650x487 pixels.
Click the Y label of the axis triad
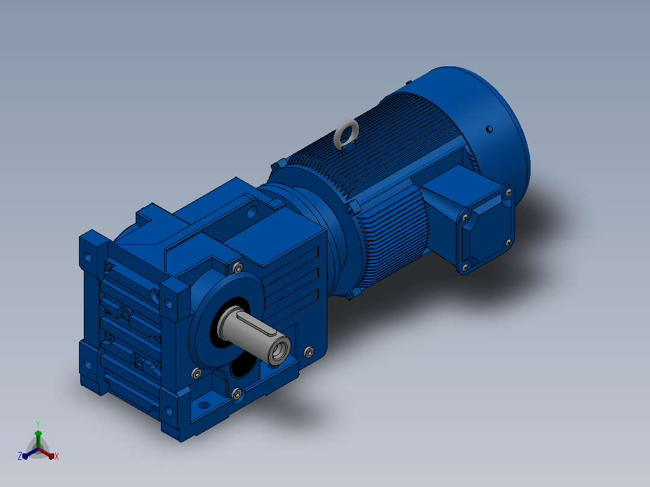pyautogui.click(x=38, y=424)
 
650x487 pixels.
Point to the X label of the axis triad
pyautogui.click(x=57, y=456)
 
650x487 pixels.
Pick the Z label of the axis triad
pyautogui.click(x=20, y=456)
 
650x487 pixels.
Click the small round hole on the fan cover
pyautogui.click(x=489, y=130)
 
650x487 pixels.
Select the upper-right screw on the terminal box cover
pyautogui.click(x=509, y=192)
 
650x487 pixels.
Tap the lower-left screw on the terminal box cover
pyautogui.click(x=465, y=268)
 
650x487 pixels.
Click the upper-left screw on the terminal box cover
pyautogui.click(x=465, y=218)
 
